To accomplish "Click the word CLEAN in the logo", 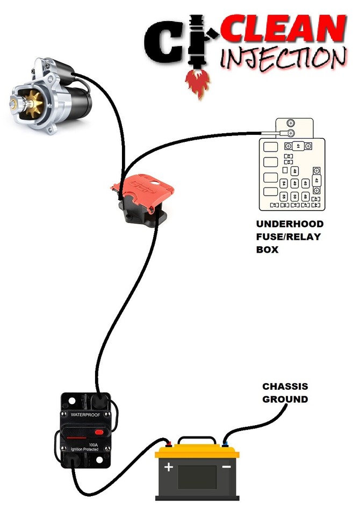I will pyautogui.click(x=282, y=30).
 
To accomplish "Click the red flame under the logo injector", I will pyautogui.click(x=197, y=84).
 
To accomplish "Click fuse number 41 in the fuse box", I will pyautogui.click(x=299, y=146).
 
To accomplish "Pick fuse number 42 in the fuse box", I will pyautogui.click(x=316, y=181).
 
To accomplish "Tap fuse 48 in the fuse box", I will pyautogui.click(x=294, y=171).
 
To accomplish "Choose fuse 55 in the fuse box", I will pyautogui.click(x=284, y=197).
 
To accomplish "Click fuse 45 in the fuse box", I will pyautogui.click(x=305, y=184).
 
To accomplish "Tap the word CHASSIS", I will pyautogui.click(x=285, y=386).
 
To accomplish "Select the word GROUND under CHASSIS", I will pyautogui.click(x=285, y=399).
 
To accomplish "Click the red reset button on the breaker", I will pyautogui.click(x=99, y=432).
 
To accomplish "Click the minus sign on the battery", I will pyautogui.click(x=226, y=467).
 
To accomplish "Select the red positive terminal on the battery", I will pyautogui.click(x=169, y=444).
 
